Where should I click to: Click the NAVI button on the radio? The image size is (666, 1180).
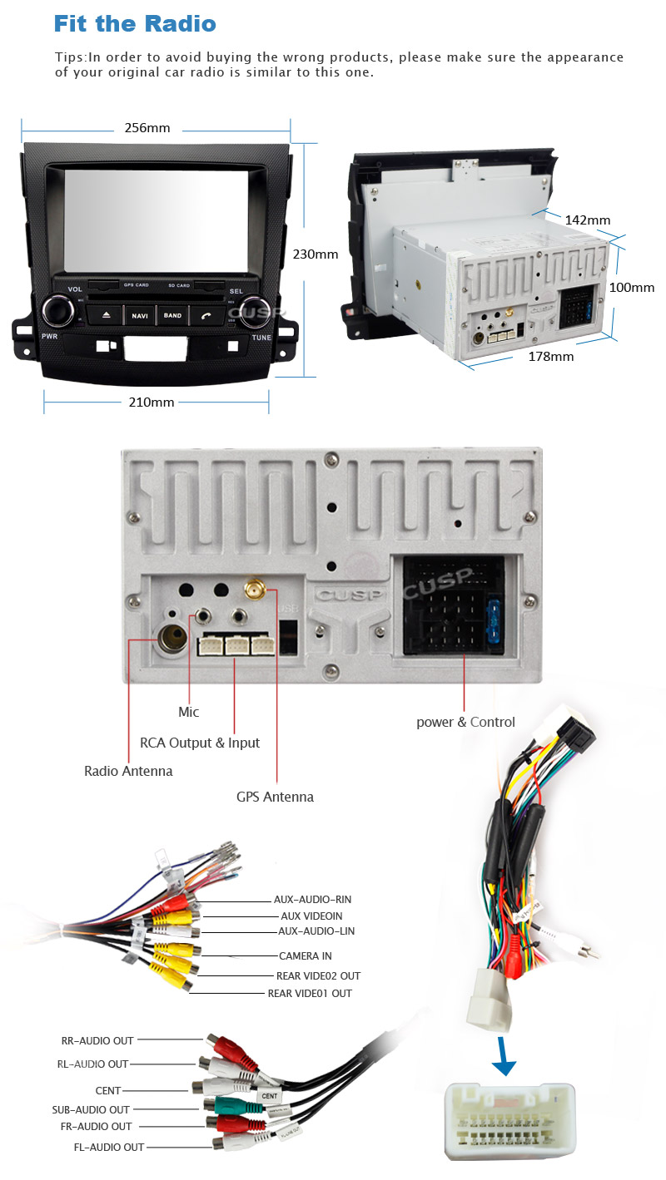(139, 316)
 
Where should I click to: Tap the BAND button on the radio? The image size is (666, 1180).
(172, 316)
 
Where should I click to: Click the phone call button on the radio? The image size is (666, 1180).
(206, 316)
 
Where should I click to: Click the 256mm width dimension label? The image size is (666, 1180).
(147, 128)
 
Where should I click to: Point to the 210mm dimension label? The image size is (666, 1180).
(152, 402)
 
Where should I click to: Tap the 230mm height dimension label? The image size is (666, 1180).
(315, 254)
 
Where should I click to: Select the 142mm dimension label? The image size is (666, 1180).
(587, 220)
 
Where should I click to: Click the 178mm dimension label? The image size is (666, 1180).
(551, 357)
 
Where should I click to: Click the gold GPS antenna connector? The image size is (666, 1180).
(255, 591)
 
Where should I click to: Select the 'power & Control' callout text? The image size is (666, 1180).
(465, 722)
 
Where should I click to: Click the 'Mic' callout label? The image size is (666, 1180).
(189, 712)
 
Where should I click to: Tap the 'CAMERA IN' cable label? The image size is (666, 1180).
(305, 956)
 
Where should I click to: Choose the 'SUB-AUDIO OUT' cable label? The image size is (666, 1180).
(91, 1109)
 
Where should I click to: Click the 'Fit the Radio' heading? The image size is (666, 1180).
(135, 24)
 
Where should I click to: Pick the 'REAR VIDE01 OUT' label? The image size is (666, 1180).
(310, 994)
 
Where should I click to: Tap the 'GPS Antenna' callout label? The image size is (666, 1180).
(275, 797)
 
